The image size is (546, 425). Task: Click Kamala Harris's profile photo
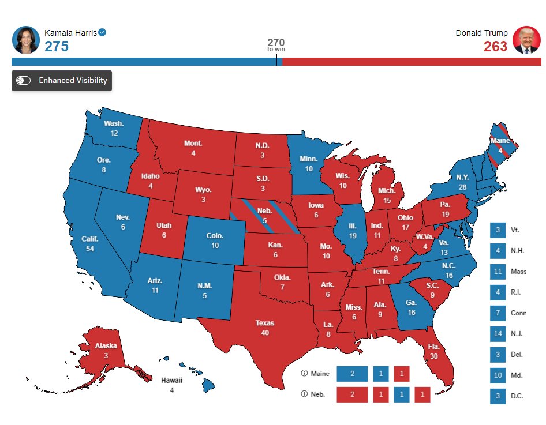click(x=26, y=40)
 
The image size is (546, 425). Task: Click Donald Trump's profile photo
click(x=526, y=40)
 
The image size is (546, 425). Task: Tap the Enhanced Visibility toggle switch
click(x=24, y=81)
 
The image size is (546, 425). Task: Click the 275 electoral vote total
click(x=57, y=47)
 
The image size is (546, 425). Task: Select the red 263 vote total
click(x=495, y=47)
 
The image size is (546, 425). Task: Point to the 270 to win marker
click(x=276, y=45)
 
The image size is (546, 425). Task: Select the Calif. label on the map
click(x=89, y=239)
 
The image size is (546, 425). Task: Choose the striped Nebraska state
click(x=264, y=216)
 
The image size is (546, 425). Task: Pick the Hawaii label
click(x=171, y=380)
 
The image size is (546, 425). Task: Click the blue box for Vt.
click(x=498, y=230)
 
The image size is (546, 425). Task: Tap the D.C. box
click(x=498, y=396)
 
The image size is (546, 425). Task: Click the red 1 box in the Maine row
click(x=402, y=374)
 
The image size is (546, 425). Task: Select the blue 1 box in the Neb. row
click(x=402, y=395)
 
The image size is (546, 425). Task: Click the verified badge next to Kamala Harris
click(x=102, y=33)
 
